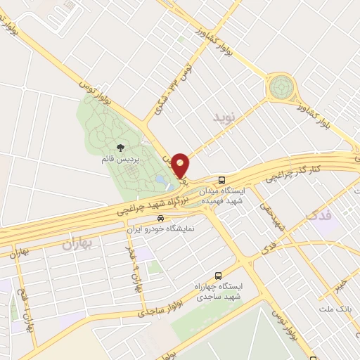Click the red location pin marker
[181, 165]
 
